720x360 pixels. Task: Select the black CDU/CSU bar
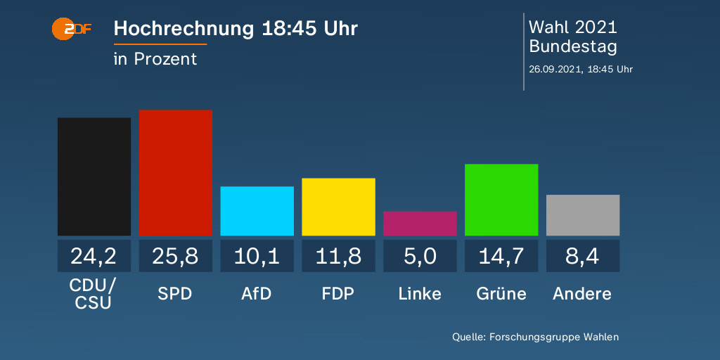(x=94, y=176)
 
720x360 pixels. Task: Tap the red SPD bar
(x=175, y=172)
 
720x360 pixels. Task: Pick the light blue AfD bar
(x=257, y=211)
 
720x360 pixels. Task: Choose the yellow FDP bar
(x=338, y=207)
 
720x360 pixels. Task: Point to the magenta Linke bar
(x=420, y=224)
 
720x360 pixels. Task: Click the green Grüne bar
(x=501, y=200)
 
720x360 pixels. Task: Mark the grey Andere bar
(x=583, y=215)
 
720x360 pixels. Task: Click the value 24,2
(x=94, y=256)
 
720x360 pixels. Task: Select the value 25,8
(x=175, y=256)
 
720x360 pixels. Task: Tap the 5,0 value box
(x=420, y=256)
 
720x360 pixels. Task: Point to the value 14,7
(x=501, y=256)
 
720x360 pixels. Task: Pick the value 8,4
(x=583, y=256)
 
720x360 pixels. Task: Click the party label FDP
(x=338, y=293)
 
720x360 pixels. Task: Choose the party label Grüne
(x=501, y=293)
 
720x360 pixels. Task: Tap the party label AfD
(x=257, y=293)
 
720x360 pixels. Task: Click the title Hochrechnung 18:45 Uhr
(x=236, y=29)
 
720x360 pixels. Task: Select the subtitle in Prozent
(x=155, y=59)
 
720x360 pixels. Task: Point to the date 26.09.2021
(x=555, y=69)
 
